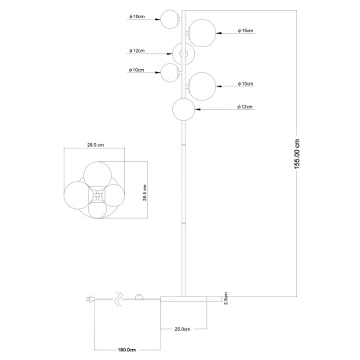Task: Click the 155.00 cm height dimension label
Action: pos(296,154)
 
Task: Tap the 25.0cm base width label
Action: pos(182,329)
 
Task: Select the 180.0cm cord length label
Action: pos(127,350)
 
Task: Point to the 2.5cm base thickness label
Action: pos(226,299)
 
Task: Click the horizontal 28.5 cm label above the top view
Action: pos(95,145)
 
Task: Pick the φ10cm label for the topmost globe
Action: pos(137,17)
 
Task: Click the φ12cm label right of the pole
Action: pos(244,107)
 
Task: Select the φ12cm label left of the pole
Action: pos(137,50)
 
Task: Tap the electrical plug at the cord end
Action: pos(90,299)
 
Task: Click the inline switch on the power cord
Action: pos(138,297)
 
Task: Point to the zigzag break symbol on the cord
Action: pos(119,299)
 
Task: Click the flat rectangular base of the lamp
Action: pos(191,299)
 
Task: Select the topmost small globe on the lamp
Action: pos(170,19)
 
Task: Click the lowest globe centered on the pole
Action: pos(183,109)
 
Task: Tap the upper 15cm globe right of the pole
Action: pos(202,33)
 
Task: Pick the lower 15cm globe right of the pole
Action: pos(202,86)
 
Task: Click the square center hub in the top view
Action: pos(97,195)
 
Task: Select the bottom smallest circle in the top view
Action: pos(97,209)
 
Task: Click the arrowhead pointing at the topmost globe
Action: pos(158,19)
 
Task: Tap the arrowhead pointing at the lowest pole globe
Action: pos(197,109)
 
